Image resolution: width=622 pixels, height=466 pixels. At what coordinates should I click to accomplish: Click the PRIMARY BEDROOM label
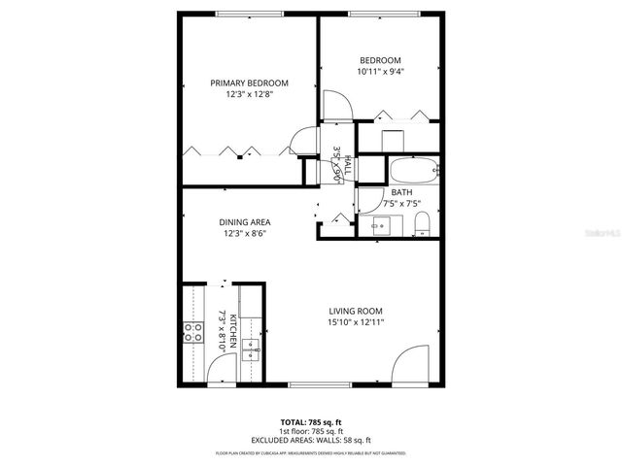250,83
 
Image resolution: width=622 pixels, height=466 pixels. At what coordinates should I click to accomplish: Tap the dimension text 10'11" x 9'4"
381,71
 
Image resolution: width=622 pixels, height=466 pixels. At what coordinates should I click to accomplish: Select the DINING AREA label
245,222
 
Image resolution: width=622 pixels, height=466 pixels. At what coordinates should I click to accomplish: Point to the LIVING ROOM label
357,311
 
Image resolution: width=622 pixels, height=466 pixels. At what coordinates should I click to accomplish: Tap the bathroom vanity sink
381,226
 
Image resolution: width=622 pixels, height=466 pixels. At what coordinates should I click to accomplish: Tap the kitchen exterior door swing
221,370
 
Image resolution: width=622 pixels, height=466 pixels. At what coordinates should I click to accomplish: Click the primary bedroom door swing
305,142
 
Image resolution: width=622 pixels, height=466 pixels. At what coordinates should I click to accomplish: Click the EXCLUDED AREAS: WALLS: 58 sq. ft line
311,440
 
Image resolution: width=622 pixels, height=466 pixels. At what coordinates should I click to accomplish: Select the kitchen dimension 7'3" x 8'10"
227,330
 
